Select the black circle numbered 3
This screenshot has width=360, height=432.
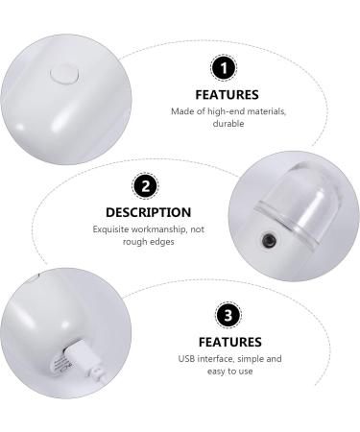pyautogui.click(x=228, y=315)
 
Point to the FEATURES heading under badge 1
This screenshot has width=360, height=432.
pyautogui.click(x=228, y=95)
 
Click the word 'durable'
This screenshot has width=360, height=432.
pyautogui.click(x=228, y=125)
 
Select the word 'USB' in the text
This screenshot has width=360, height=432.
pyautogui.click(x=184, y=358)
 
